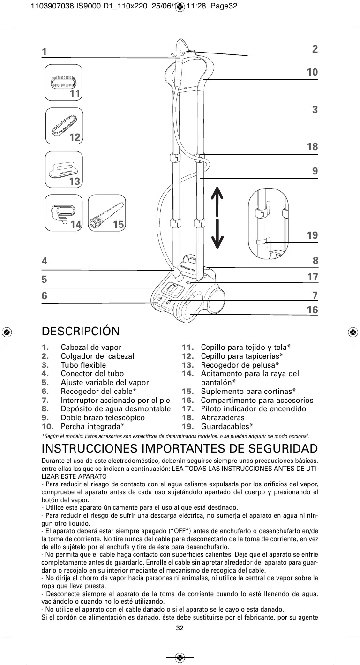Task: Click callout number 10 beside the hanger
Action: pyautogui.click(x=312, y=72)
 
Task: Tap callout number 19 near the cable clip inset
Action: pyautogui.click(x=312, y=235)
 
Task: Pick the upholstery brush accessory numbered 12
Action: pyautogui.click(x=64, y=125)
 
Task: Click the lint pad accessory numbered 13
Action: pyautogui.click(x=64, y=169)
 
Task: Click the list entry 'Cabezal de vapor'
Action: pyautogui.click(x=91, y=348)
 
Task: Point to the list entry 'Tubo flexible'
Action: pyautogui.click(x=83, y=365)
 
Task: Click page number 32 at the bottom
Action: pyautogui.click(x=180, y=628)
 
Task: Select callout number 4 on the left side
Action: pyautogui.click(x=45, y=261)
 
